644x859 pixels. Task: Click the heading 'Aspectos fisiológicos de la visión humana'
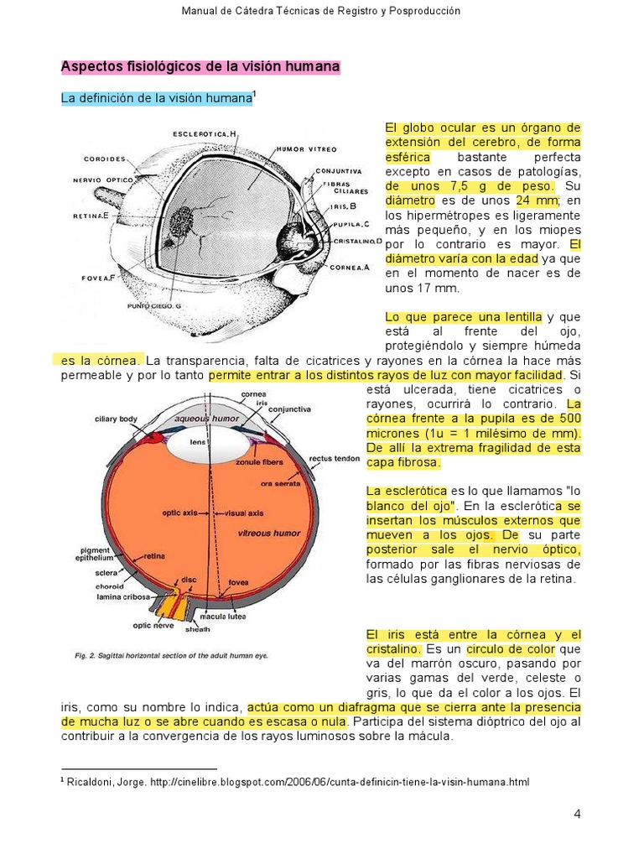(x=200, y=66)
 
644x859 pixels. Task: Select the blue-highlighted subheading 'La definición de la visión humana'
(x=157, y=99)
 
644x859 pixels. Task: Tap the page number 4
(x=577, y=814)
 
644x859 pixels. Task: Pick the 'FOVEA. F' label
(x=100, y=276)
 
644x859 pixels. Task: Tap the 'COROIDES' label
(x=105, y=158)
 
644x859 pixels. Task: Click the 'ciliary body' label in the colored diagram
(x=116, y=418)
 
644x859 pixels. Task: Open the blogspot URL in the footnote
(x=340, y=782)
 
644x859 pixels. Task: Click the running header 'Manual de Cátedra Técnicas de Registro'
(x=322, y=11)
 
